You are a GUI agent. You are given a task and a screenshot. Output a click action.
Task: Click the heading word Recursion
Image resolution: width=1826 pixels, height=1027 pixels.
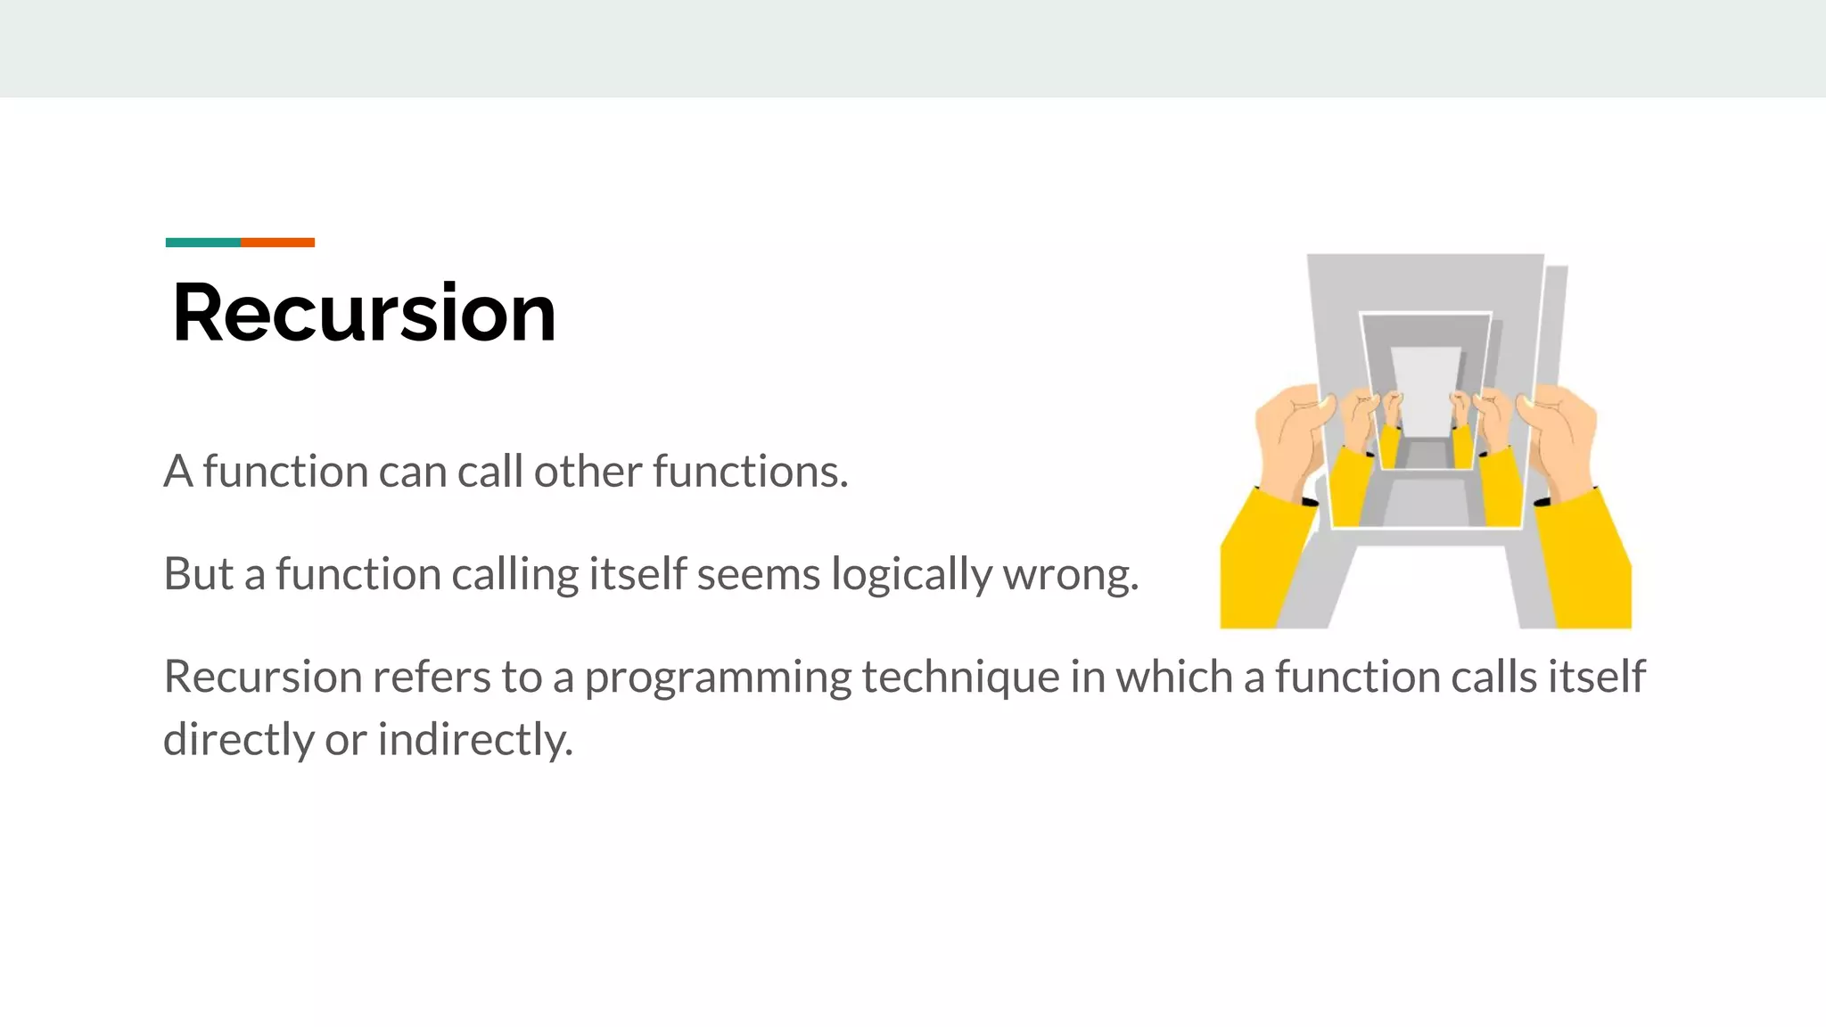tap(364, 313)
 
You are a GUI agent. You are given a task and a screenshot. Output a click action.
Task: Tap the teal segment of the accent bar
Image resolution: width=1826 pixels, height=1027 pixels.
tap(203, 242)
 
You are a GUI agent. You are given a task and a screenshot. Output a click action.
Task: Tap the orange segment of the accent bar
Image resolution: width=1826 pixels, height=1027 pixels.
tap(277, 242)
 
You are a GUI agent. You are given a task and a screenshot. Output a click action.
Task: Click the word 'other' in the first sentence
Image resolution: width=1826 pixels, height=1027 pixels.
tap(587, 471)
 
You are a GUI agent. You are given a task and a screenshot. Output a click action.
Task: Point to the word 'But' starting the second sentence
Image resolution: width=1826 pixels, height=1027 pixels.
tap(198, 573)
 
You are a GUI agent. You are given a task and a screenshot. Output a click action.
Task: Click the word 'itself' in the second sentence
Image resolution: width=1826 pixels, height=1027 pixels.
tap(637, 573)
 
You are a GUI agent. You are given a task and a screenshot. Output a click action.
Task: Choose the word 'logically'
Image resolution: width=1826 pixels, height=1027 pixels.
tap(910, 575)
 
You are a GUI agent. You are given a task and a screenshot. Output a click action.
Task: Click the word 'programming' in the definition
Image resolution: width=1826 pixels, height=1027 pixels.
tap(718, 678)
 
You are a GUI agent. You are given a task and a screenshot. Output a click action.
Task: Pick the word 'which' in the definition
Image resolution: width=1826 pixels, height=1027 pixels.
tap(1173, 676)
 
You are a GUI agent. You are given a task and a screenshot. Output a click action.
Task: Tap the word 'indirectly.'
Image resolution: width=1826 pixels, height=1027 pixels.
tap(475, 740)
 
